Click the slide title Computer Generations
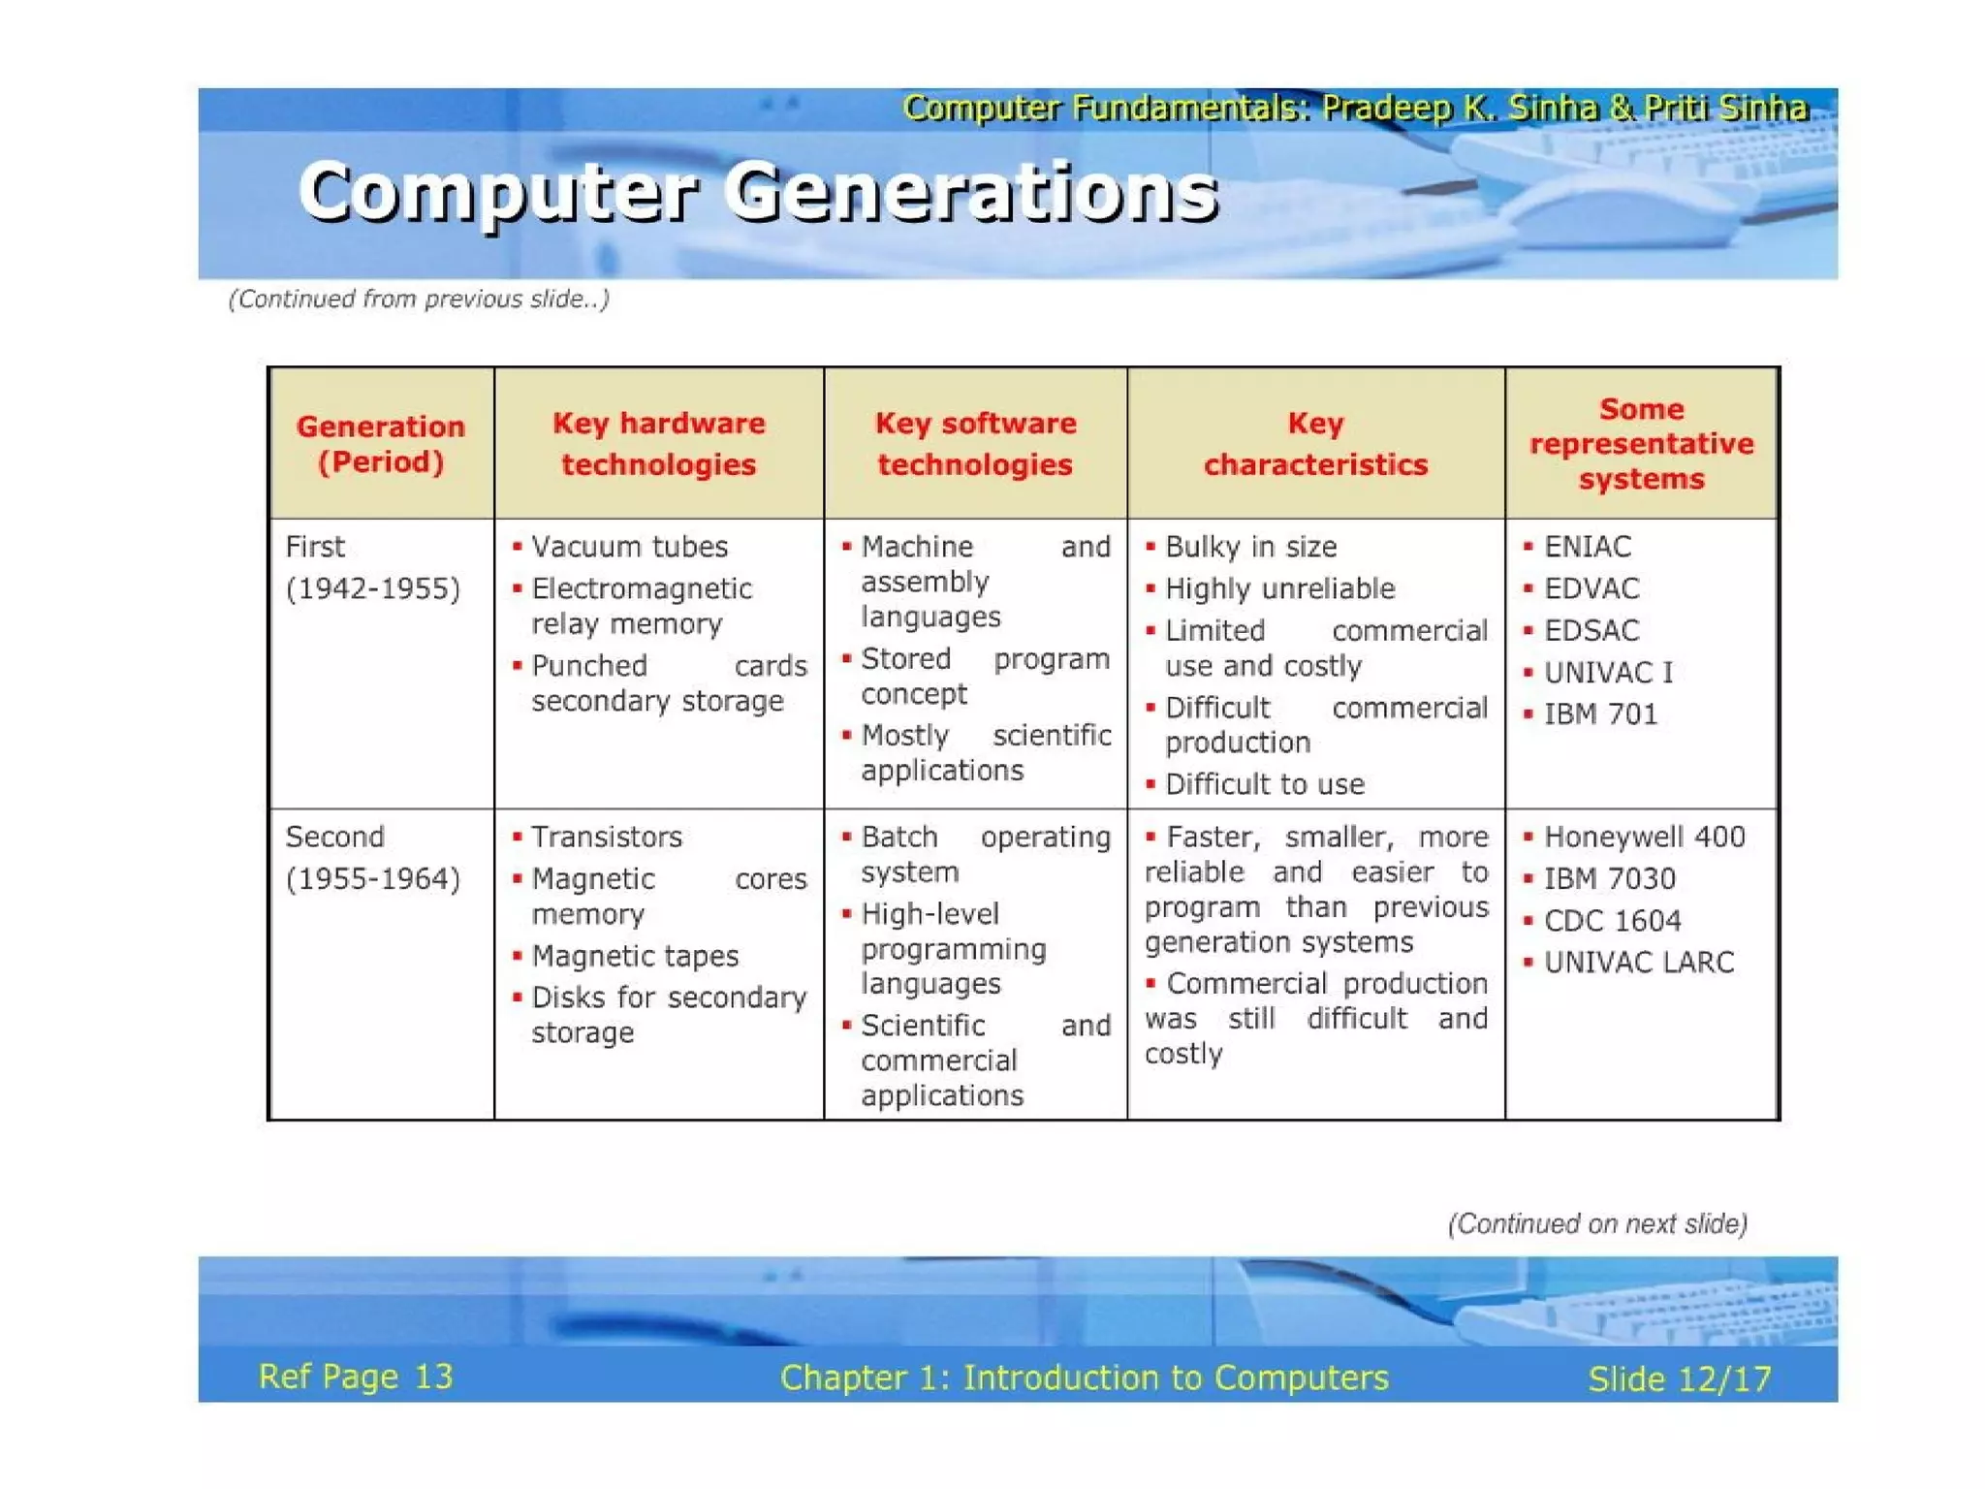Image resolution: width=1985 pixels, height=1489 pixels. [758, 192]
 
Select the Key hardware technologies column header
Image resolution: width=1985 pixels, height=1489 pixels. [659, 443]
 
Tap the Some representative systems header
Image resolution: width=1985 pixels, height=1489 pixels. [1641, 443]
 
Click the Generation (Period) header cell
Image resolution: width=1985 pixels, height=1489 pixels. [381, 443]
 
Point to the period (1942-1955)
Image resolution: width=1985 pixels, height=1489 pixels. [373, 588]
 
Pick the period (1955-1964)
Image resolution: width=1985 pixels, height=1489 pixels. [373, 878]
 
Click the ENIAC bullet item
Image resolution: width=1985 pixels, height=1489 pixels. [1587, 547]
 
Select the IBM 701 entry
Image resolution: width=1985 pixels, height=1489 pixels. [1600, 714]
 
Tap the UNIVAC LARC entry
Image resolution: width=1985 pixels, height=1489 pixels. [1638, 963]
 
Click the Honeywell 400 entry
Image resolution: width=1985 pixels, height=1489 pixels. [1644, 837]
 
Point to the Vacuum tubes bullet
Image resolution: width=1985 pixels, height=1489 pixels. [629, 547]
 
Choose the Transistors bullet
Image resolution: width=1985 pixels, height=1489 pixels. [607, 837]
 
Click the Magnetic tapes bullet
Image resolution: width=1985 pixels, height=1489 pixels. [635, 956]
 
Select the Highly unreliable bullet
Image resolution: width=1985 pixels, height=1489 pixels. [1279, 588]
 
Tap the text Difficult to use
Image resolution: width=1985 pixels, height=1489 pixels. [1264, 784]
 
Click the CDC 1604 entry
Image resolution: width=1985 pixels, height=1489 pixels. [1612, 921]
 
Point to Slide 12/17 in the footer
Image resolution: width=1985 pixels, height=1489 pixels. [1679, 1378]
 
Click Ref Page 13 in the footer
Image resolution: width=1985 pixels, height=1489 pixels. [356, 1377]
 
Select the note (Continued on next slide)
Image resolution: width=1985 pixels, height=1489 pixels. [1597, 1224]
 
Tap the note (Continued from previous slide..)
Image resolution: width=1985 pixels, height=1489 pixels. [419, 299]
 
